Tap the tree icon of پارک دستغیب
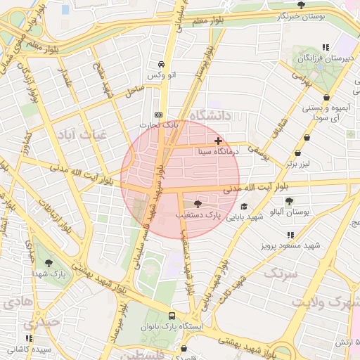(196, 203)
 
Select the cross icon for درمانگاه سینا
(218, 141)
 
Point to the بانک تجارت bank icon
(158, 115)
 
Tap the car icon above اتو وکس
(161, 63)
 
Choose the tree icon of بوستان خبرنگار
(302, 5)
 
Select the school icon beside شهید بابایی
(244, 207)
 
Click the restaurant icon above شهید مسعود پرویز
(290, 236)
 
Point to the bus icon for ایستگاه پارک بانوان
(172, 316)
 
